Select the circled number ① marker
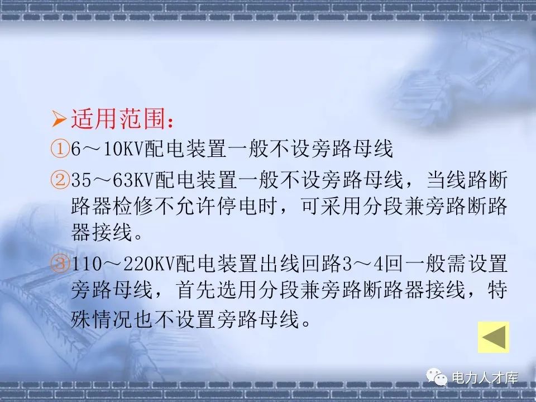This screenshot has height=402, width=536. tap(59, 150)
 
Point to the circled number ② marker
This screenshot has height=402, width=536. tap(59, 181)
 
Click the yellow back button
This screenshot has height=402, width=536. tap(494, 337)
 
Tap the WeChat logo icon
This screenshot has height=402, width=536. tap(438, 379)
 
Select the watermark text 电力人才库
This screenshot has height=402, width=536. tap(485, 379)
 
